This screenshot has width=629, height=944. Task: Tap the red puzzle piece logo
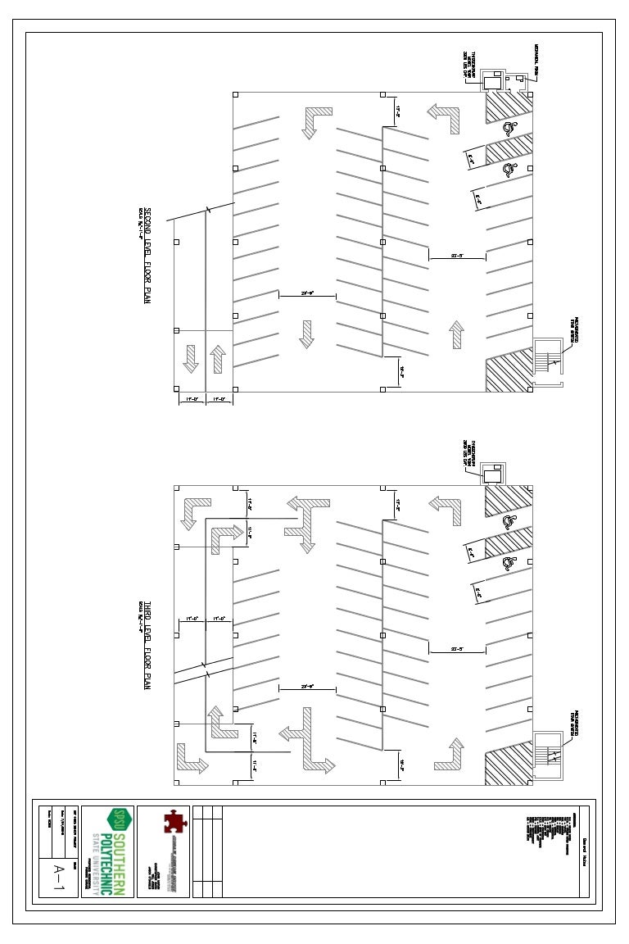173,822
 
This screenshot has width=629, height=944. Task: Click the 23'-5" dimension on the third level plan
458,648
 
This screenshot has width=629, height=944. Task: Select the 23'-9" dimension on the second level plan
308,292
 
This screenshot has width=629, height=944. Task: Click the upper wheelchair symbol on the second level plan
509,127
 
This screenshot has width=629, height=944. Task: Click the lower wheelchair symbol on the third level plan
509,563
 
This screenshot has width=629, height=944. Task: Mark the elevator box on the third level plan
492,475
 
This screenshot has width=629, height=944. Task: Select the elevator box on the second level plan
492,81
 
